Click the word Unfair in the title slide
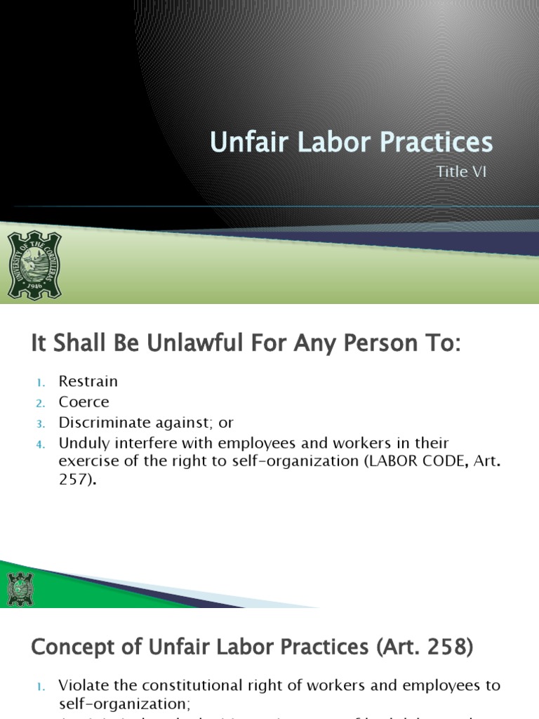[x=243, y=142]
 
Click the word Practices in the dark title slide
[x=436, y=142]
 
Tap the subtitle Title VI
[x=461, y=172]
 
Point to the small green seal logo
[x=20, y=589]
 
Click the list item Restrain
[x=88, y=382]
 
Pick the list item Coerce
[x=84, y=402]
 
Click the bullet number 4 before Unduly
[x=40, y=444]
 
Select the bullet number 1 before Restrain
[x=40, y=383]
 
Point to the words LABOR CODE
[x=388, y=462]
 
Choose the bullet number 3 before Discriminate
[x=40, y=423]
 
